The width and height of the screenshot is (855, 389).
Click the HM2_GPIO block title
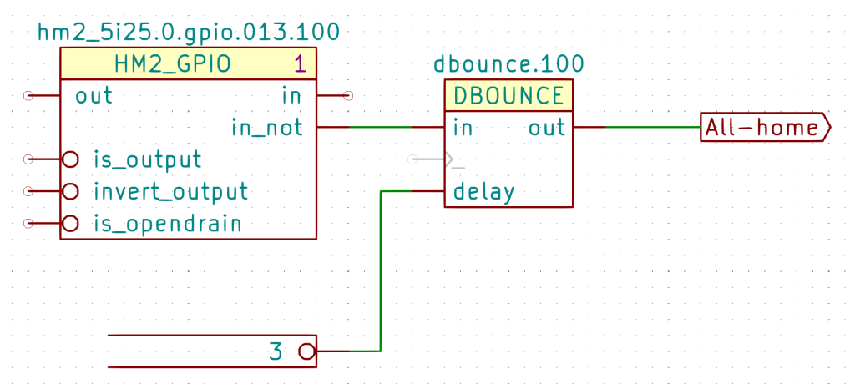coord(172,63)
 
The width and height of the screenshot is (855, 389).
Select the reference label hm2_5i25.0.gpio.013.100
coord(189,33)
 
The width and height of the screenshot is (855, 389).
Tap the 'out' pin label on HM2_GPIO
coord(94,96)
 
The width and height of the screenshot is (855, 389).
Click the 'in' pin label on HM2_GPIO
coord(291,96)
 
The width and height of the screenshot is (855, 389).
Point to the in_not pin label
coord(267,128)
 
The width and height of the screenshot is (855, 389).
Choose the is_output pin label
coord(147,159)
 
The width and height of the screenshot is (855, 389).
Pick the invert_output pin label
coord(170,191)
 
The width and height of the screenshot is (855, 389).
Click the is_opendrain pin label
coord(167,224)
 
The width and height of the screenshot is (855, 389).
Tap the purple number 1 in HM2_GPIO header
coord(300,63)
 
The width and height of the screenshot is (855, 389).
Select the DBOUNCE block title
coord(508,96)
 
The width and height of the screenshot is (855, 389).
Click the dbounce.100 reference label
coord(508,65)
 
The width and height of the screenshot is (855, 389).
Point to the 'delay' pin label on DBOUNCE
coord(483,192)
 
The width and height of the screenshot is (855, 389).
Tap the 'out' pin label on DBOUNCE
coord(547,128)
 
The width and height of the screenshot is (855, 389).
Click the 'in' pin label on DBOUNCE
coord(463,128)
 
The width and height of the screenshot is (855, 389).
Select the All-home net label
coord(762,128)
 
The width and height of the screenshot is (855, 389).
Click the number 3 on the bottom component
coord(276,351)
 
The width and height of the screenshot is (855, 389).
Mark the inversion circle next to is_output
coord(71,159)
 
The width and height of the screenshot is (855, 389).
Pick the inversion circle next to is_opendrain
coord(71,224)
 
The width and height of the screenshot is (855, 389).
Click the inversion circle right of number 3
coord(307,351)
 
